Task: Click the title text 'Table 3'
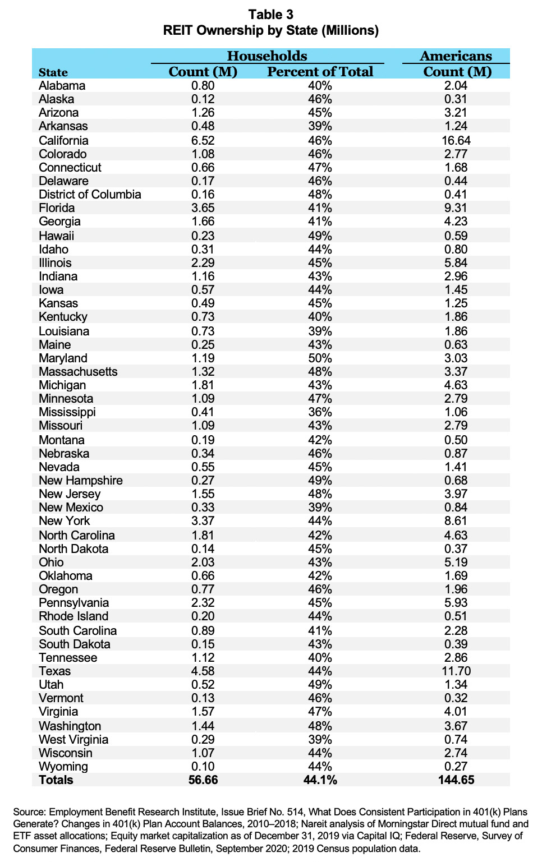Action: [270, 15]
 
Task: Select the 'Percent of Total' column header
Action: [320, 72]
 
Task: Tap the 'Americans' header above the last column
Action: [456, 56]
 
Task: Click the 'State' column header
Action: [53, 72]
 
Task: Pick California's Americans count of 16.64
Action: [456, 140]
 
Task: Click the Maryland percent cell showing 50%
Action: [319, 358]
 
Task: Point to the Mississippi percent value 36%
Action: [319, 412]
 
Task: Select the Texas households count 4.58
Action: [203, 671]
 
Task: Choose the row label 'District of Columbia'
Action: [90, 195]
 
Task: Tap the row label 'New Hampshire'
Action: [80, 480]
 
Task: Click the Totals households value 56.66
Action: [203, 780]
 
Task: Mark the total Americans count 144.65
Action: [456, 780]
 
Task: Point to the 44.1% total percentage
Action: [320, 780]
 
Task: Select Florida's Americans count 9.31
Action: [456, 208]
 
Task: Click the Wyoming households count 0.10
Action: [203, 766]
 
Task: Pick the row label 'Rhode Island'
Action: [74, 616]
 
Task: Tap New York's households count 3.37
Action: [203, 520]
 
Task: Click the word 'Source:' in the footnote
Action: [29, 812]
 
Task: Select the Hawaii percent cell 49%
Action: [319, 236]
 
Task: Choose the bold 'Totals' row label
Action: [56, 780]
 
